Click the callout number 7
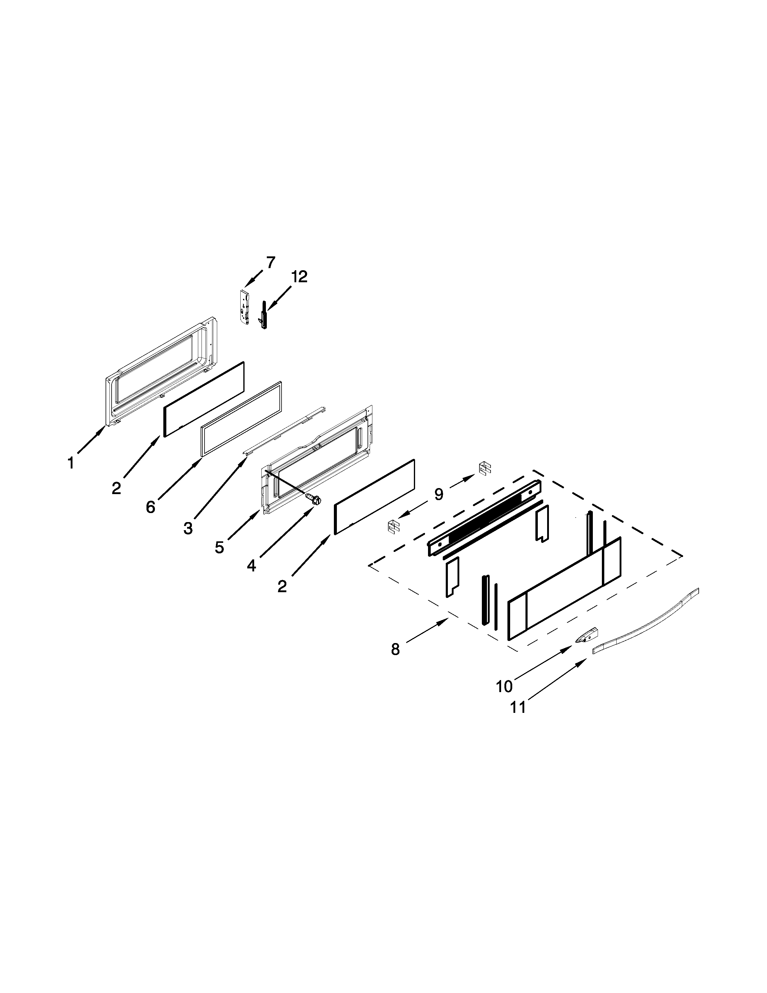point(270,262)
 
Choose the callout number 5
point(220,547)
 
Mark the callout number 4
point(251,566)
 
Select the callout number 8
point(395,650)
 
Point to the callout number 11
point(518,707)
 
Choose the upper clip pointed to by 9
point(485,468)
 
